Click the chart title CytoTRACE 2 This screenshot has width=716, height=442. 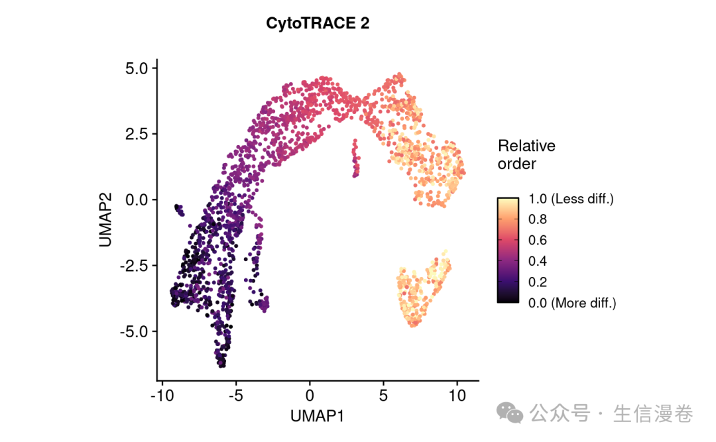point(318,23)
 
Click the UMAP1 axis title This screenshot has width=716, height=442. point(317,416)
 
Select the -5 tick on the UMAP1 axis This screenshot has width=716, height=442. point(235,396)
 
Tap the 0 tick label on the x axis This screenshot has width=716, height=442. point(310,396)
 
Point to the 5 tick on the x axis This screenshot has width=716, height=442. point(383,396)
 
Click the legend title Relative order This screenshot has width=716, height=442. point(526,154)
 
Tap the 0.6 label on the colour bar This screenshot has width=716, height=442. point(538,240)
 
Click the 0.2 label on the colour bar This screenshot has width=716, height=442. point(538,282)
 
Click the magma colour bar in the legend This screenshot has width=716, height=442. point(508,250)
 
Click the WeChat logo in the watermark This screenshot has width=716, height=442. point(510,414)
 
